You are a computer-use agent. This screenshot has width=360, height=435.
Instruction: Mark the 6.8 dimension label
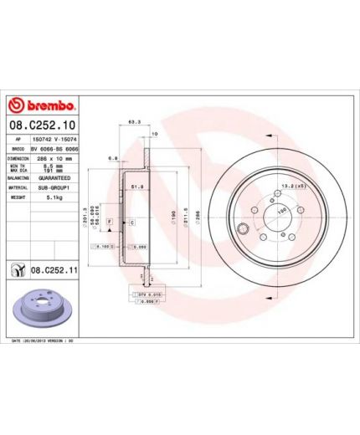(112, 156)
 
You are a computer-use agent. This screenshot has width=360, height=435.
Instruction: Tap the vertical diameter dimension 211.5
(185, 219)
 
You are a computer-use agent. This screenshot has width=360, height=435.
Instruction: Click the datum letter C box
(131, 223)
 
